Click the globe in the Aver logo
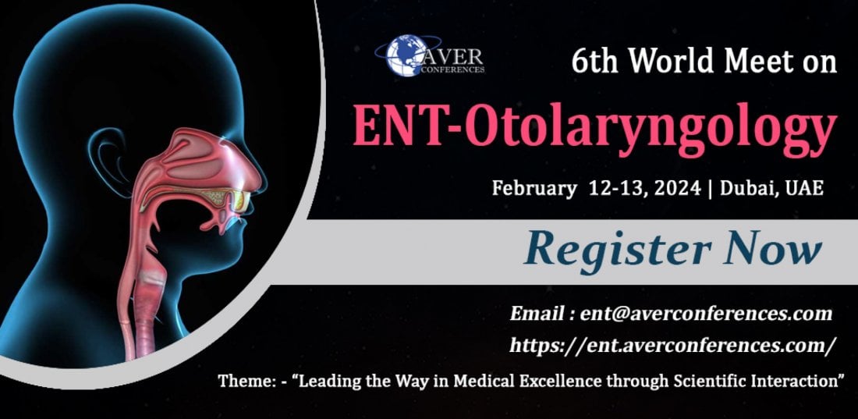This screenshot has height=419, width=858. pyautogui.click(x=406, y=55)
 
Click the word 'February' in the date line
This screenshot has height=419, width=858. pyautogui.click(x=534, y=188)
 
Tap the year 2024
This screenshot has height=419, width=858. pyautogui.click(x=676, y=188)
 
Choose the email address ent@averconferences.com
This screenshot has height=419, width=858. pyautogui.click(x=706, y=314)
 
